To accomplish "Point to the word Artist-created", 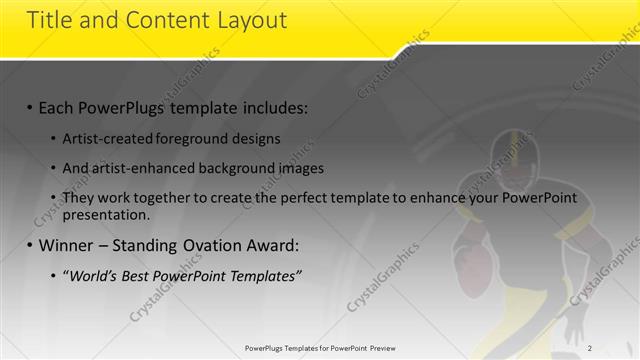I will pos(105,138).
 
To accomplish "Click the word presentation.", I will pos(105,214).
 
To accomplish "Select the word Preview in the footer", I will pos(376,348).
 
